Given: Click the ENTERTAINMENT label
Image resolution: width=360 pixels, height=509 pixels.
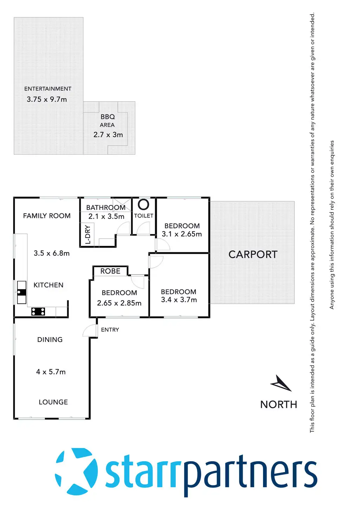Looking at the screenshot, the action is [48, 89].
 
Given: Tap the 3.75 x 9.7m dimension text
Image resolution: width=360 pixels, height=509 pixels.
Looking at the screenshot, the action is [47, 99].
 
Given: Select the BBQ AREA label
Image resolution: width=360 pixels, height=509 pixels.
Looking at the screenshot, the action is [108, 121].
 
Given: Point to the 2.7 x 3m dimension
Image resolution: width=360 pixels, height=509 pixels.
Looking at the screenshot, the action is [108, 135].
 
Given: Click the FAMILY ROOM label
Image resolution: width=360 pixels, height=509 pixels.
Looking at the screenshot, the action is [47, 216].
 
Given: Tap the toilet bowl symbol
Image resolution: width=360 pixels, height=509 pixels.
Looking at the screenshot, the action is [143, 204].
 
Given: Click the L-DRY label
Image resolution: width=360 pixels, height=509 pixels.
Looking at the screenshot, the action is [88, 234].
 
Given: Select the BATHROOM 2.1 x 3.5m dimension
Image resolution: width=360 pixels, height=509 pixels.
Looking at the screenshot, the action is [107, 217].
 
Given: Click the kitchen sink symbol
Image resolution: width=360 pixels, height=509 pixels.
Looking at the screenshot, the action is [22, 292].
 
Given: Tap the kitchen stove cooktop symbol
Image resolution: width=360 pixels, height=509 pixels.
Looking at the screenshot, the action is [38, 311].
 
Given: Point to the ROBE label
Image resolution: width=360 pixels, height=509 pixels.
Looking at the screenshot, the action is [110, 271].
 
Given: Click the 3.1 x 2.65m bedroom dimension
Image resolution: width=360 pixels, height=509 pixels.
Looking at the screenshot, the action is [182, 234].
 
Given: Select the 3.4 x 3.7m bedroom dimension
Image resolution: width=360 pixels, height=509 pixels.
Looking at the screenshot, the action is [179, 300].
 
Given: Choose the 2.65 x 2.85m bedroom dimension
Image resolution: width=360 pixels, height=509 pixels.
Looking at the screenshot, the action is [119, 303].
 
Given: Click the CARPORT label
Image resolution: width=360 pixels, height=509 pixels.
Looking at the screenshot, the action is [253, 254].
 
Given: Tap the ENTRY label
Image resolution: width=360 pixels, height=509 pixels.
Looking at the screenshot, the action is [110, 330].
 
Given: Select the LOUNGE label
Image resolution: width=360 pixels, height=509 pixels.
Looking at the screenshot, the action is [53, 402].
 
